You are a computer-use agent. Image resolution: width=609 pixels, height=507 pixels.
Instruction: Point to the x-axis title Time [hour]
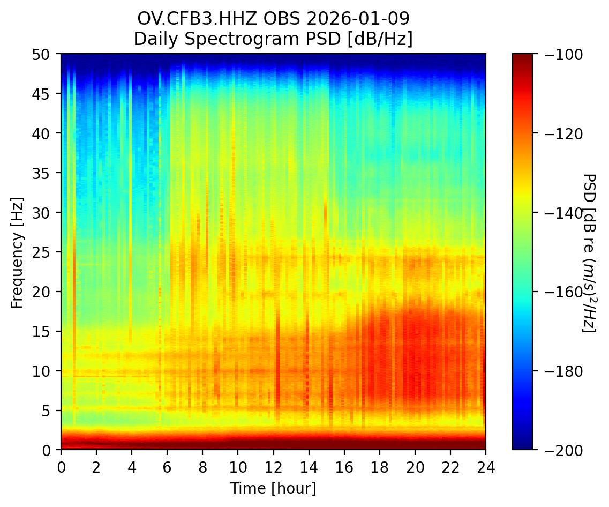pos(273,488)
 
